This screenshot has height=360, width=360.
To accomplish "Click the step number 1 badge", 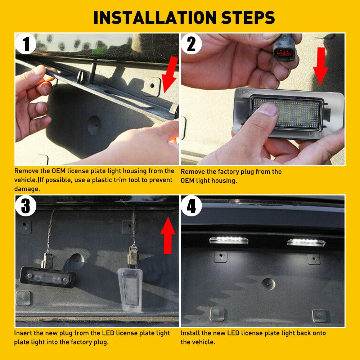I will [26, 44].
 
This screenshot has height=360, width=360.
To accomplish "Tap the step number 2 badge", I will [192, 44].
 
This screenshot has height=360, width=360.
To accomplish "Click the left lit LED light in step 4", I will [227, 240].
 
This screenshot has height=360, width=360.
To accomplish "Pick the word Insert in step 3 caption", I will [24, 333].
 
